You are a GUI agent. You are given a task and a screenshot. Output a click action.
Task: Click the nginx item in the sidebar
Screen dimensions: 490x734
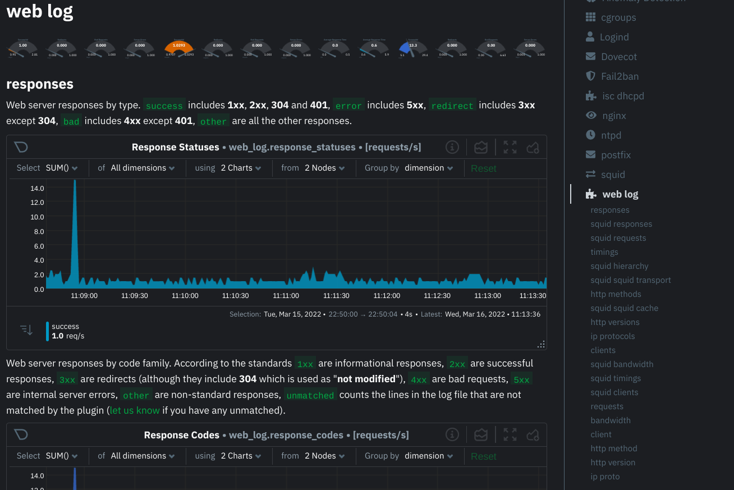click(613, 116)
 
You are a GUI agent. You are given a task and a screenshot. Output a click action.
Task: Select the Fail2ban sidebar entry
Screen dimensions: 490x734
click(620, 76)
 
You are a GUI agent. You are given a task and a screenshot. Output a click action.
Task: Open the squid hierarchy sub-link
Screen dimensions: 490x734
click(619, 266)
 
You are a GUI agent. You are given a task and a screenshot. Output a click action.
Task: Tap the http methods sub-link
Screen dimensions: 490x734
click(616, 294)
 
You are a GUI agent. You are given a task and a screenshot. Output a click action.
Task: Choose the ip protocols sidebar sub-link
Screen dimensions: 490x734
click(612, 336)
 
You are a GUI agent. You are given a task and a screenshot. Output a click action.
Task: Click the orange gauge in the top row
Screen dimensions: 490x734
click(179, 48)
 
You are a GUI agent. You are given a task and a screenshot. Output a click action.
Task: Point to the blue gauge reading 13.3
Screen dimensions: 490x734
click(413, 48)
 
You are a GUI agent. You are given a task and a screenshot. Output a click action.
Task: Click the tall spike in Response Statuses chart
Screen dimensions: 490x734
click(75, 225)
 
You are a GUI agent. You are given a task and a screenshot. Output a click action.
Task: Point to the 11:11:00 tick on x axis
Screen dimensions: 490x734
click(286, 296)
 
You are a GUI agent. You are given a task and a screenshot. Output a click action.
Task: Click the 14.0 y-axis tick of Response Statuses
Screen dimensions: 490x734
click(37, 188)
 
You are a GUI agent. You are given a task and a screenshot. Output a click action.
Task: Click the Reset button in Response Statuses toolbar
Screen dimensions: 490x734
click(483, 168)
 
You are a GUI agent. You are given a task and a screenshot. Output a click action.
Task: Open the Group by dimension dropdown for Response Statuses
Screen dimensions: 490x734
click(428, 168)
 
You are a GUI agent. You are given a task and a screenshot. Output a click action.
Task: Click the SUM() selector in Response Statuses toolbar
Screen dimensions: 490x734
click(61, 168)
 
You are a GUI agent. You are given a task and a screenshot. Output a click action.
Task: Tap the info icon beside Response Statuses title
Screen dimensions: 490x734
click(452, 147)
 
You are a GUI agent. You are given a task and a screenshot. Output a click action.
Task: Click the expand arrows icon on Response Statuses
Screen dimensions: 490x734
click(510, 147)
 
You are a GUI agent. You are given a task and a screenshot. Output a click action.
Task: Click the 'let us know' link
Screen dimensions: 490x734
click(135, 410)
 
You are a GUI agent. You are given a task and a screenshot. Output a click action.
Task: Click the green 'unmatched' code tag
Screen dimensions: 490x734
click(310, 395)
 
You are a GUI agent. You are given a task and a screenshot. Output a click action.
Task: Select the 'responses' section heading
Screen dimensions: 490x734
click(40, 84)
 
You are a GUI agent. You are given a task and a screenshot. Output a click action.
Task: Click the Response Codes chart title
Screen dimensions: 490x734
click(181, 435)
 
